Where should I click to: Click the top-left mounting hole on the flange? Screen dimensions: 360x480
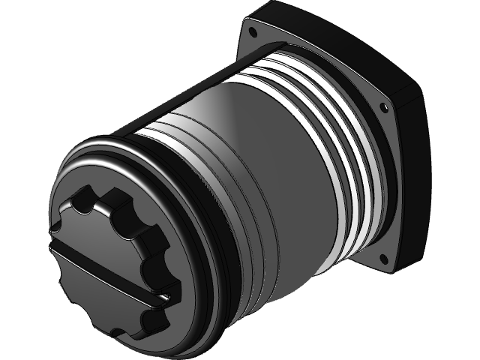(253, 33)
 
